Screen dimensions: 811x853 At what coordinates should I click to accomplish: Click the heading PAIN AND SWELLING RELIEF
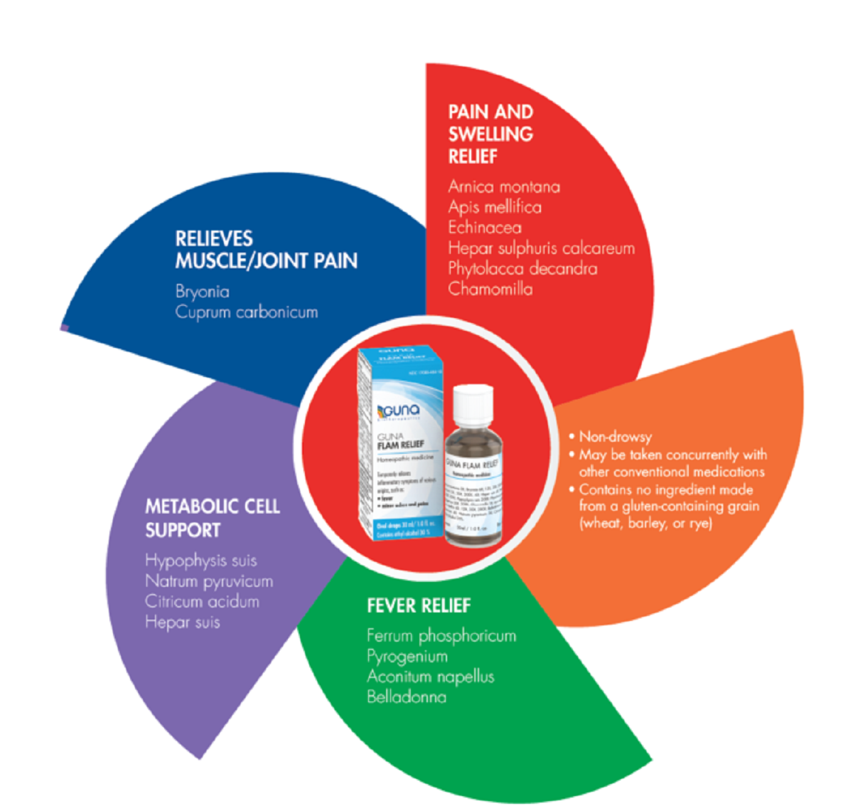click(x=490, y=134)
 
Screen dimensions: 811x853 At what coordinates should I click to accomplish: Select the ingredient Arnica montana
click(x=504, y=186)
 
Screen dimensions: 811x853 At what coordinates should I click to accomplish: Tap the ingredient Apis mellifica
click(x=495, y=207)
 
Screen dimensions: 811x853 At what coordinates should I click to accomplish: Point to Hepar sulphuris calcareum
click(x=541, y=248)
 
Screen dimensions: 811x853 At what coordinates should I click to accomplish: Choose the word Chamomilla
click(x=490, y=289)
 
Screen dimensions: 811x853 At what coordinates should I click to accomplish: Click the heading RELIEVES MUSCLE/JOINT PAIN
click(x=266, y=250)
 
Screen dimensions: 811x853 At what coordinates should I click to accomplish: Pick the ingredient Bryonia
click(x=203, y=292)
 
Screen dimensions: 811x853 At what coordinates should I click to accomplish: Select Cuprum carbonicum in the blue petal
click(x=247, y=312)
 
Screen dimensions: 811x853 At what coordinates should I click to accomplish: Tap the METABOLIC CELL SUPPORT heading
click(x=213, y=518)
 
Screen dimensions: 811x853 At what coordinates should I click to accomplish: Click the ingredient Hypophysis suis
click(x=201, y=561)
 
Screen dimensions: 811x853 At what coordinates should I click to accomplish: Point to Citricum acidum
click(x=203, y=602)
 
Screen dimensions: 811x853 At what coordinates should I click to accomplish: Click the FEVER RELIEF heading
click(x=419, y=605)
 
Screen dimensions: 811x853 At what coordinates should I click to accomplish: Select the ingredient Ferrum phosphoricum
click(x=441, y=635)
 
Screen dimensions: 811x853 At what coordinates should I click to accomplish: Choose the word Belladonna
click(x=407, y=697)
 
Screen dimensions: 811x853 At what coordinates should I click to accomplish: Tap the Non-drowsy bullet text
click(x=615, y=437)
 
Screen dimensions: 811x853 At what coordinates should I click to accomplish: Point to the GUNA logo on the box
click(x=399, y=411)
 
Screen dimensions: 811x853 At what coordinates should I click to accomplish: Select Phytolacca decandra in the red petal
click(x=522, y=269)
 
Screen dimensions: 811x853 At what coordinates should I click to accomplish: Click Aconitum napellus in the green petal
click(x=430, y=677)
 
